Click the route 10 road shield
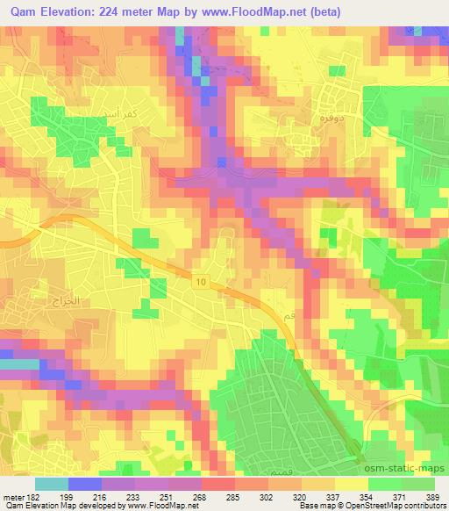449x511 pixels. point(202,281)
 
